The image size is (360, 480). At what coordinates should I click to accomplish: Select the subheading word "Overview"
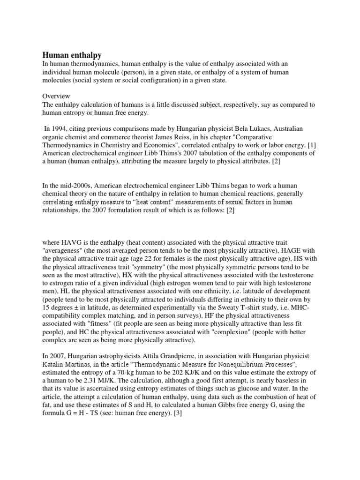[56, 96]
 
